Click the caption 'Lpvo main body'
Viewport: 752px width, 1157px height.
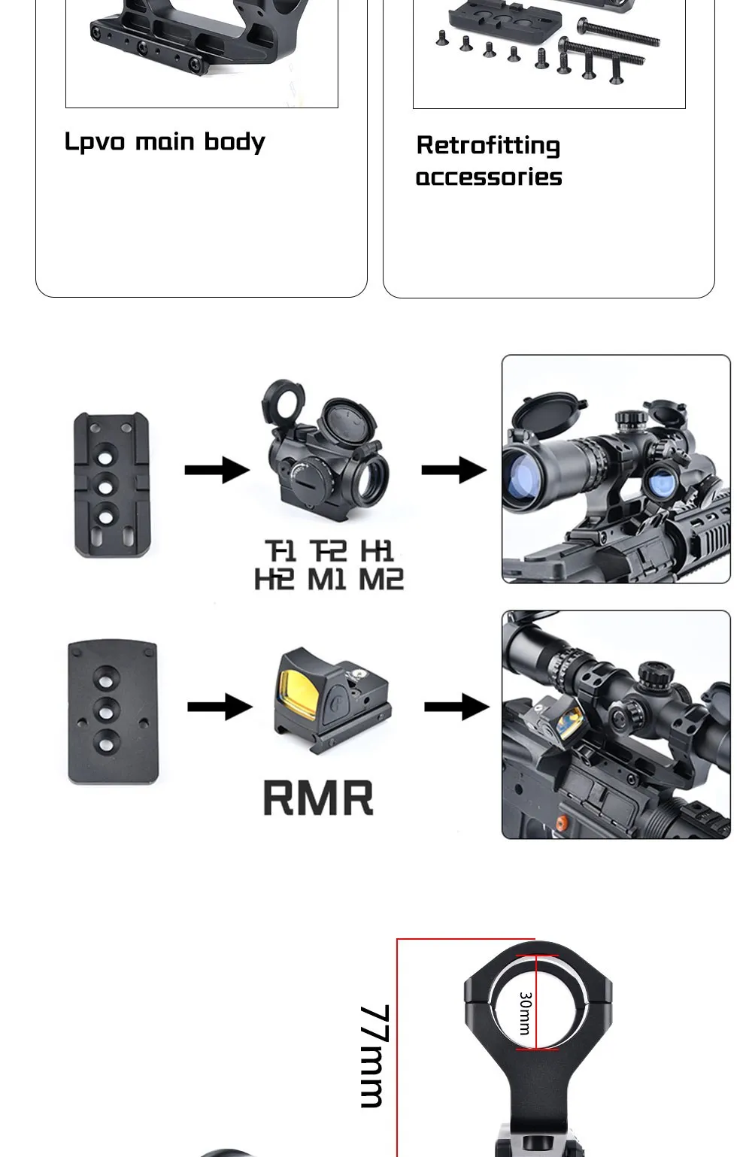165,141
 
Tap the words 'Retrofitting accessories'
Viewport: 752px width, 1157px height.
489,161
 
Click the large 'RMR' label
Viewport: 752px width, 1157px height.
317,798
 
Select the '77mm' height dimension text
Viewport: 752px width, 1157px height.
374,1056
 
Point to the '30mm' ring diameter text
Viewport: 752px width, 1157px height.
525,1013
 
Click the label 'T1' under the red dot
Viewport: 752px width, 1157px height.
280,551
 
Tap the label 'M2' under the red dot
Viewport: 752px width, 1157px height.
381,580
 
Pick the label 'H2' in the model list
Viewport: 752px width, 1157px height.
274,580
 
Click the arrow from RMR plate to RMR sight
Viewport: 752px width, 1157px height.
220,707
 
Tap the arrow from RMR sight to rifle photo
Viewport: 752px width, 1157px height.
456,707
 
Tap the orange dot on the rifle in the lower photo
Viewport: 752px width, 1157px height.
560,823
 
